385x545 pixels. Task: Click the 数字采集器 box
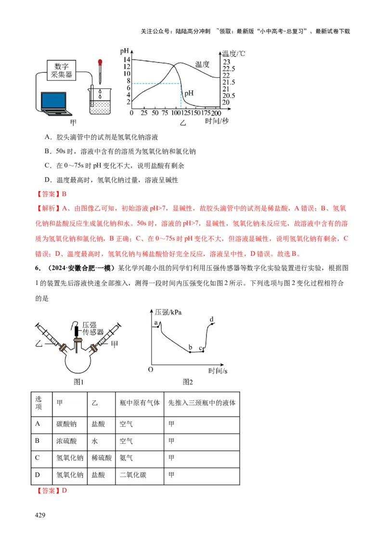coord(64,70)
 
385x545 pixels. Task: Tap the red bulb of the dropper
coord(100,63)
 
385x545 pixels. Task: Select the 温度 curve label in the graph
coord(202,64)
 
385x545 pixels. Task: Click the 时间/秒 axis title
coord(217,121)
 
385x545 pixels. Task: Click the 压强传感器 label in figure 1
coord(93,328)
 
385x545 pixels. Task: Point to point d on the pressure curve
coord(212,320)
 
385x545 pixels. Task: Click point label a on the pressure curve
coord(156,323)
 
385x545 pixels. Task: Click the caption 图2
coord(188,382)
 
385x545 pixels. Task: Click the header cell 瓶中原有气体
coord(140,403)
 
